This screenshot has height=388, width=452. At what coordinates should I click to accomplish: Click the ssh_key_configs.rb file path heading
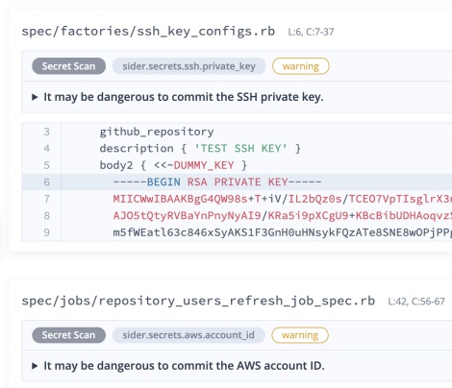click(148, 32)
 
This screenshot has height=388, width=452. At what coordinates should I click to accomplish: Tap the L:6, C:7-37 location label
click(311, 32)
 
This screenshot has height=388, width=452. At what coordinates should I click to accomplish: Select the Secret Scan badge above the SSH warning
click(68, 66)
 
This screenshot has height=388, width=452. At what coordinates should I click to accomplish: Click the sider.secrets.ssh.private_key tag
click(188, 66)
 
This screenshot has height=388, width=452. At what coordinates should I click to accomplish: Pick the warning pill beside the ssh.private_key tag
click(301, 66)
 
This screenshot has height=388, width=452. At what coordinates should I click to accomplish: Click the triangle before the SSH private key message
click(35, 97)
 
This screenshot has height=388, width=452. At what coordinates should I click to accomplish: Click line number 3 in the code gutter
click(47, 132)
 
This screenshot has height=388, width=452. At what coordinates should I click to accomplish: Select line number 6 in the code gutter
click(47, 182)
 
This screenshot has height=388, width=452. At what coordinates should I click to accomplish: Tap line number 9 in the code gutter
click(47, 232)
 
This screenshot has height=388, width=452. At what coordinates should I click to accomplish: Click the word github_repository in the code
click(157, 132)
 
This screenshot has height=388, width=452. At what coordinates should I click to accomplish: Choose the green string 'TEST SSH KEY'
click(240, 149)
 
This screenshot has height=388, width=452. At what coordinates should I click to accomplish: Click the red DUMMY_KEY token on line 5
click(204, 165)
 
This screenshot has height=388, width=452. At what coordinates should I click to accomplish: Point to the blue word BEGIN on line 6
click(163, 182)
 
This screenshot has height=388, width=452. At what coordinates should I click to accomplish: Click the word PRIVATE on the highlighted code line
click(238, 182)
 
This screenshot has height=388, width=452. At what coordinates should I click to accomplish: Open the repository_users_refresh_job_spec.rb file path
click(198, 301)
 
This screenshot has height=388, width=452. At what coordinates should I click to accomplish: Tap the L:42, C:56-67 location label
click(416, 302)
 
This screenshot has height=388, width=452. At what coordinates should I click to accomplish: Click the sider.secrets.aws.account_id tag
click(188, 335)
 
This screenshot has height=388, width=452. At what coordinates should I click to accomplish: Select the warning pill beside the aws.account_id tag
click(300, 335)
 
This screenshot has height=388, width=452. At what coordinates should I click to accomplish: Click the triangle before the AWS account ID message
click(35, 366)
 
